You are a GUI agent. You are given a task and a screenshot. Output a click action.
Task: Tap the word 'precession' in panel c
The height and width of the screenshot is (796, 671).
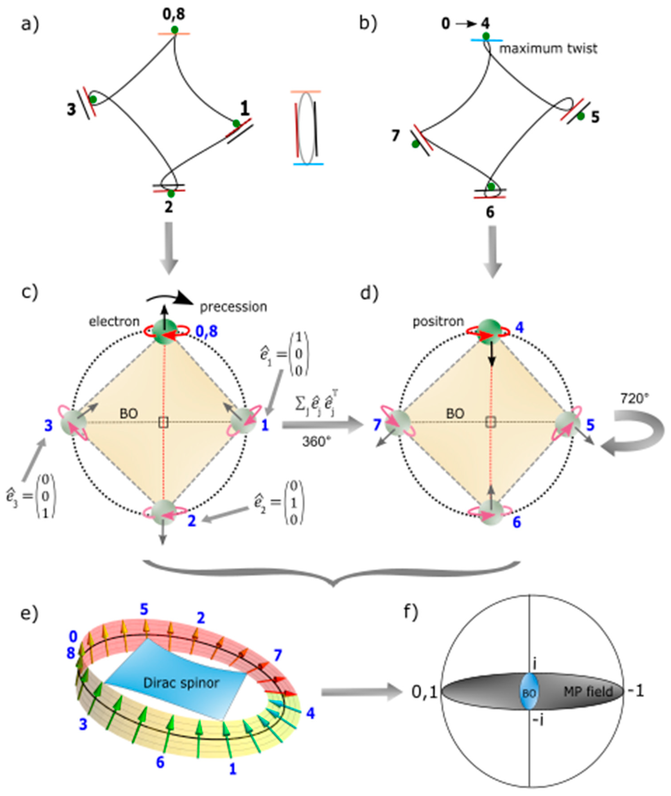[x=233, y=307]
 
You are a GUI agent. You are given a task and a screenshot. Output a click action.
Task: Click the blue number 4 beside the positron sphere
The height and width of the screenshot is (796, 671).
[x=520, y=328]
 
